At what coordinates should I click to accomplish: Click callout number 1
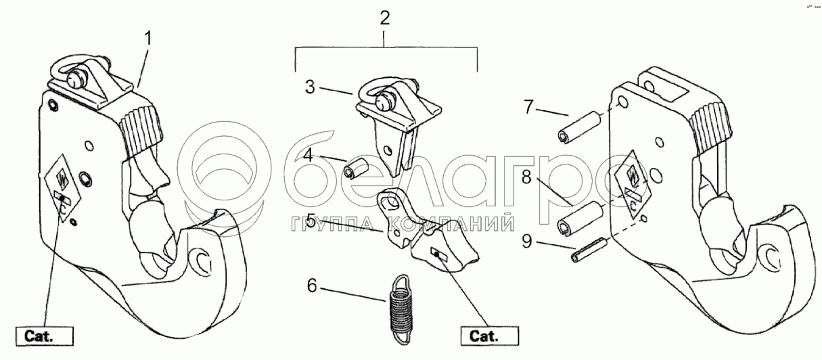(x=149, y=38)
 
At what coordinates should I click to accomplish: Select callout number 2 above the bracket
(x=384, y=18)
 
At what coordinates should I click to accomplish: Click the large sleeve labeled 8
(x=580, y=217)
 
